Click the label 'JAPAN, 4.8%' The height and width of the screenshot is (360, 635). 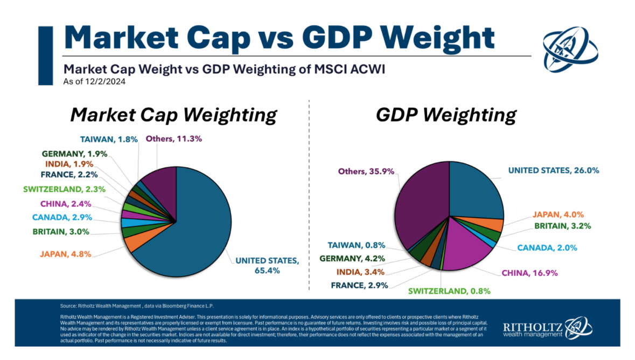click(x=66, y=254)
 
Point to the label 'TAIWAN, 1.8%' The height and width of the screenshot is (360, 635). click(x=109, y=139)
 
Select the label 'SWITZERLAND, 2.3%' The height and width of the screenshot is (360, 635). click(x=64, y=189)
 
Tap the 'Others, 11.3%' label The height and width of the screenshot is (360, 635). click(x=174, y=139)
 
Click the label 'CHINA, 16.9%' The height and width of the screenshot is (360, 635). click(x=530, y=273)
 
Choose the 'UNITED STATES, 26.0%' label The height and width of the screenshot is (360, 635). click(x=554, y=170)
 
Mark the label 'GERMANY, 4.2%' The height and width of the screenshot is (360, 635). click(x=352, y=258)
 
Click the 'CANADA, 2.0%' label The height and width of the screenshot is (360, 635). click(x=547, y=248)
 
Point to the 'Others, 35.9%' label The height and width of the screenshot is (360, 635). click(x=366, y=171)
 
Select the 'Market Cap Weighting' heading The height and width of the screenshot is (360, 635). click(x=173, y=115)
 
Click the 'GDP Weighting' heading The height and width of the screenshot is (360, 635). click(x=446, y=115)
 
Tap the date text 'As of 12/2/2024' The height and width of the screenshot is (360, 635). click(x=94, y=81)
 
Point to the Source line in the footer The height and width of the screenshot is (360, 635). click(x=137, y=306)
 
